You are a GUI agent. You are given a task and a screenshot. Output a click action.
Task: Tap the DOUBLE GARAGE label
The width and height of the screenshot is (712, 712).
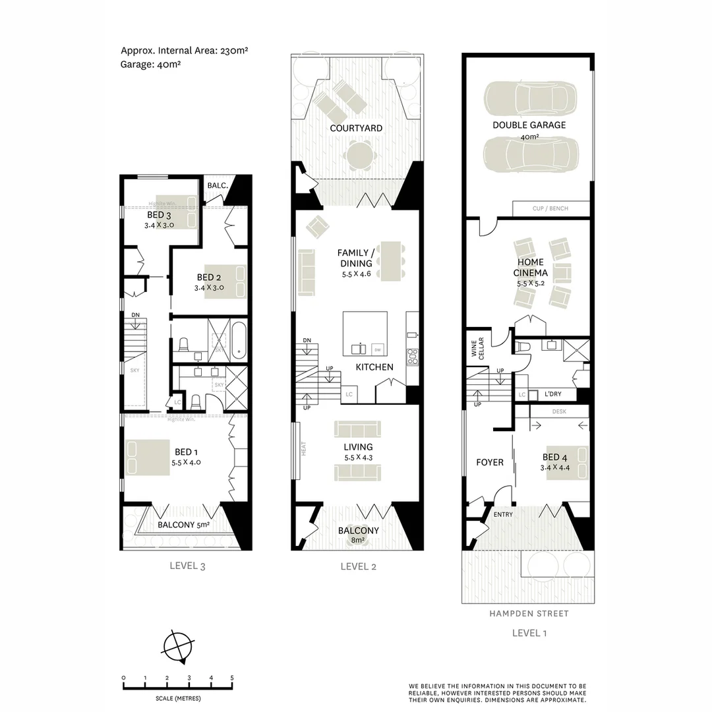point(529,125)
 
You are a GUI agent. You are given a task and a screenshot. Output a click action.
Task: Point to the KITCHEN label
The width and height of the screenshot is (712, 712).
point(374,367)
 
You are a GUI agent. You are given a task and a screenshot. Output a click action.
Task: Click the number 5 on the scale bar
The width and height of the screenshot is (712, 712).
point(231,678)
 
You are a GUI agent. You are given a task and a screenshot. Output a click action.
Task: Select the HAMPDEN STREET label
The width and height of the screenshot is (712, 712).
point(529,613)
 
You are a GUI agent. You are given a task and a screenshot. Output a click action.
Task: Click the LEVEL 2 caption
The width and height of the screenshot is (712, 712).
point(358,566)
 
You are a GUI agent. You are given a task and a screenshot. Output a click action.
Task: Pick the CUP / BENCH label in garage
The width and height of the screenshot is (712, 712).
point(550,209)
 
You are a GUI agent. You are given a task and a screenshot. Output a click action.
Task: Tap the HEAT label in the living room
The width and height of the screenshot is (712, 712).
point(304,449)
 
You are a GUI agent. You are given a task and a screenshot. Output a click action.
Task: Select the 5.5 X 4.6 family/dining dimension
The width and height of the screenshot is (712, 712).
point(355,274)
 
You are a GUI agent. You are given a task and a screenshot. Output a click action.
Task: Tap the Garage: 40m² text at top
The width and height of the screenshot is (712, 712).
point(151,65)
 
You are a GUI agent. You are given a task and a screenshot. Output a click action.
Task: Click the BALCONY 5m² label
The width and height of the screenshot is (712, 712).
point(184,525)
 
